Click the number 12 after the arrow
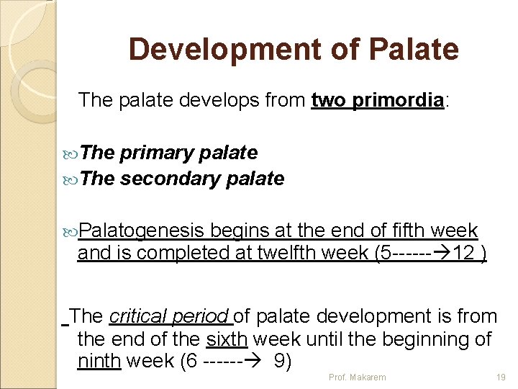(466, 253)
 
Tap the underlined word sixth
(227, 338)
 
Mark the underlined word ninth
(99, 359)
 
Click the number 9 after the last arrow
(283, 359)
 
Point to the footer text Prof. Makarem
(357, 377)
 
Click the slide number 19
(501, 377)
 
